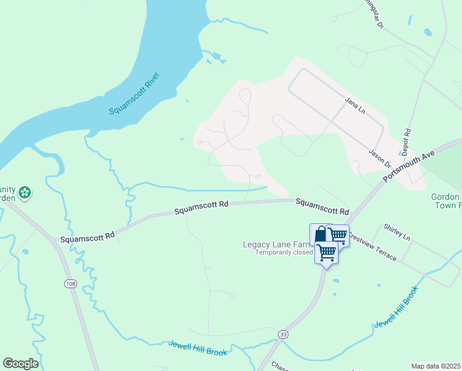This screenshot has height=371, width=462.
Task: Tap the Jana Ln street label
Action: [x=355, y=104]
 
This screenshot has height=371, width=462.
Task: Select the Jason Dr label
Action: [x=379, y=158]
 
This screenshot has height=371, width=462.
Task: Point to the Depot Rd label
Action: [x=406, y=142]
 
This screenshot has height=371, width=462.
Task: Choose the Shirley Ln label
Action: [x=397, y=232]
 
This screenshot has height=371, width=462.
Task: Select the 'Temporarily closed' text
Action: [x=284, y=252]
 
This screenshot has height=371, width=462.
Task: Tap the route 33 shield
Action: [x=283, y=333]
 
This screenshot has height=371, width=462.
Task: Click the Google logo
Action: [x=20, y=364]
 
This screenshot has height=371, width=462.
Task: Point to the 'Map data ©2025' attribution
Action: [x=435, y=366]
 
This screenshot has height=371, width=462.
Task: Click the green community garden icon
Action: [x=25, y=193]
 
